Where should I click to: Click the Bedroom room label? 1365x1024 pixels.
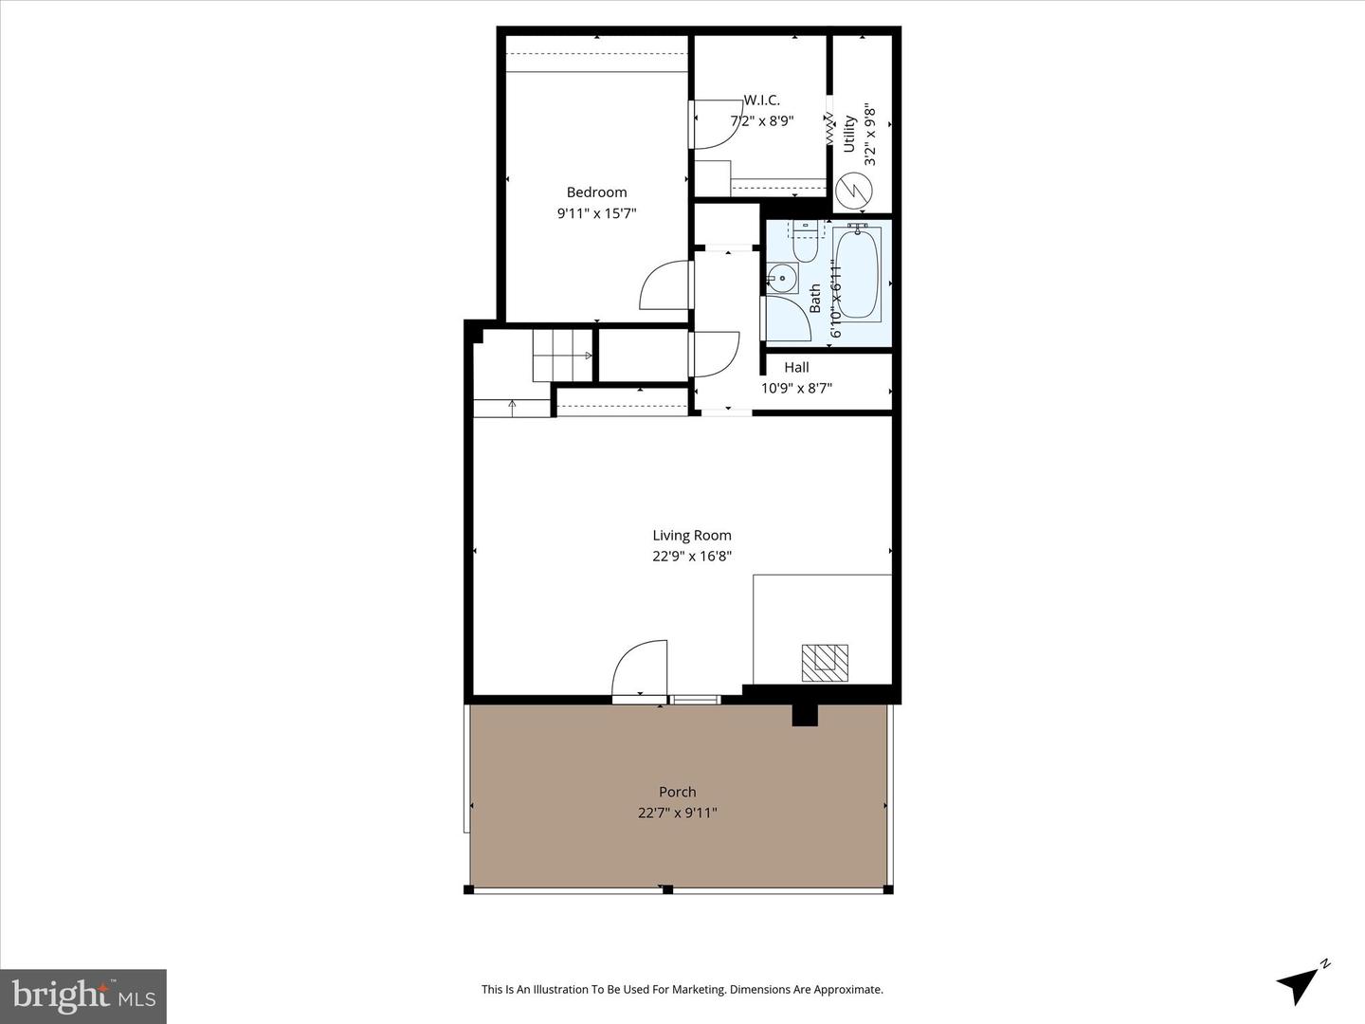pos(596,192)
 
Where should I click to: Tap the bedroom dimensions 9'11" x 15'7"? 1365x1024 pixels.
pos(596,213)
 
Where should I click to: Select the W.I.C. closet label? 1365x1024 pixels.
pos(761,100)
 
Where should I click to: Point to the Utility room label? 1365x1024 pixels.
pos(849,134)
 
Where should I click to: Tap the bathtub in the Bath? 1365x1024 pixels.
pos(858,272)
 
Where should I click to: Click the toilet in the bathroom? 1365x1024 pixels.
pos(806,244)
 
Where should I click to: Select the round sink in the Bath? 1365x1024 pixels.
pos(782,279)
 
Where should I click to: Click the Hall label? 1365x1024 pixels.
pos(796,367)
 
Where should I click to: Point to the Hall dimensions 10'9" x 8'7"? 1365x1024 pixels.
pos(796,388)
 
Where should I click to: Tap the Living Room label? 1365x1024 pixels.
pos(692,536)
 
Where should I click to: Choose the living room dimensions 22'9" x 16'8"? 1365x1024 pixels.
pos(692,557)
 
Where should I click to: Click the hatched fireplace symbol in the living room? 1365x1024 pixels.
pos(825,662)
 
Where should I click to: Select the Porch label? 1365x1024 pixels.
pos(678,792)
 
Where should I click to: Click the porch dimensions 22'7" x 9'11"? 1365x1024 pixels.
pos(678,813)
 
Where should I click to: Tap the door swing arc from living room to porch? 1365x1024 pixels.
pos(639,668)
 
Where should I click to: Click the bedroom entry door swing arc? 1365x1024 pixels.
pos(664,284)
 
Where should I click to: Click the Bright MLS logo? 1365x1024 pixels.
pos(83,997)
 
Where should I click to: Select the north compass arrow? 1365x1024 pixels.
pos(1301,982)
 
